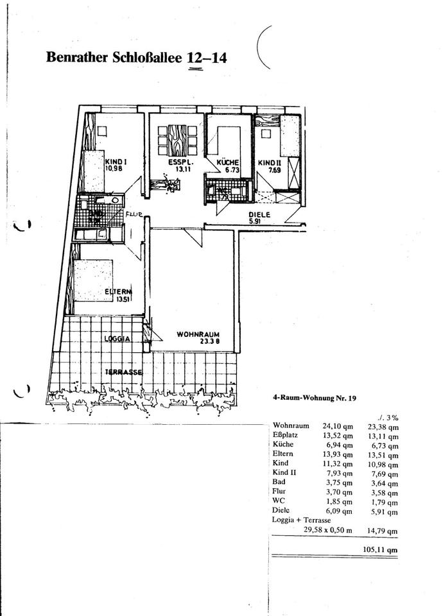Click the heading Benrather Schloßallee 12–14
pos(136,58)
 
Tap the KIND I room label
pos(115,162)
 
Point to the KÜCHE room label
pos(228,163)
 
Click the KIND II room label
pos(268,163)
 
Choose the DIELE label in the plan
pos(259,216)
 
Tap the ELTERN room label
pos(118,295)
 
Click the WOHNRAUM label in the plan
pos(199,334)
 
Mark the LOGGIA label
pos(117,338)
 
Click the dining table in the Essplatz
pos(177,139)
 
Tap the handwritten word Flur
pos(134,215)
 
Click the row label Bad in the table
pos(280,481)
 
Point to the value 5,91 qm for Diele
pos(386,511)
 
